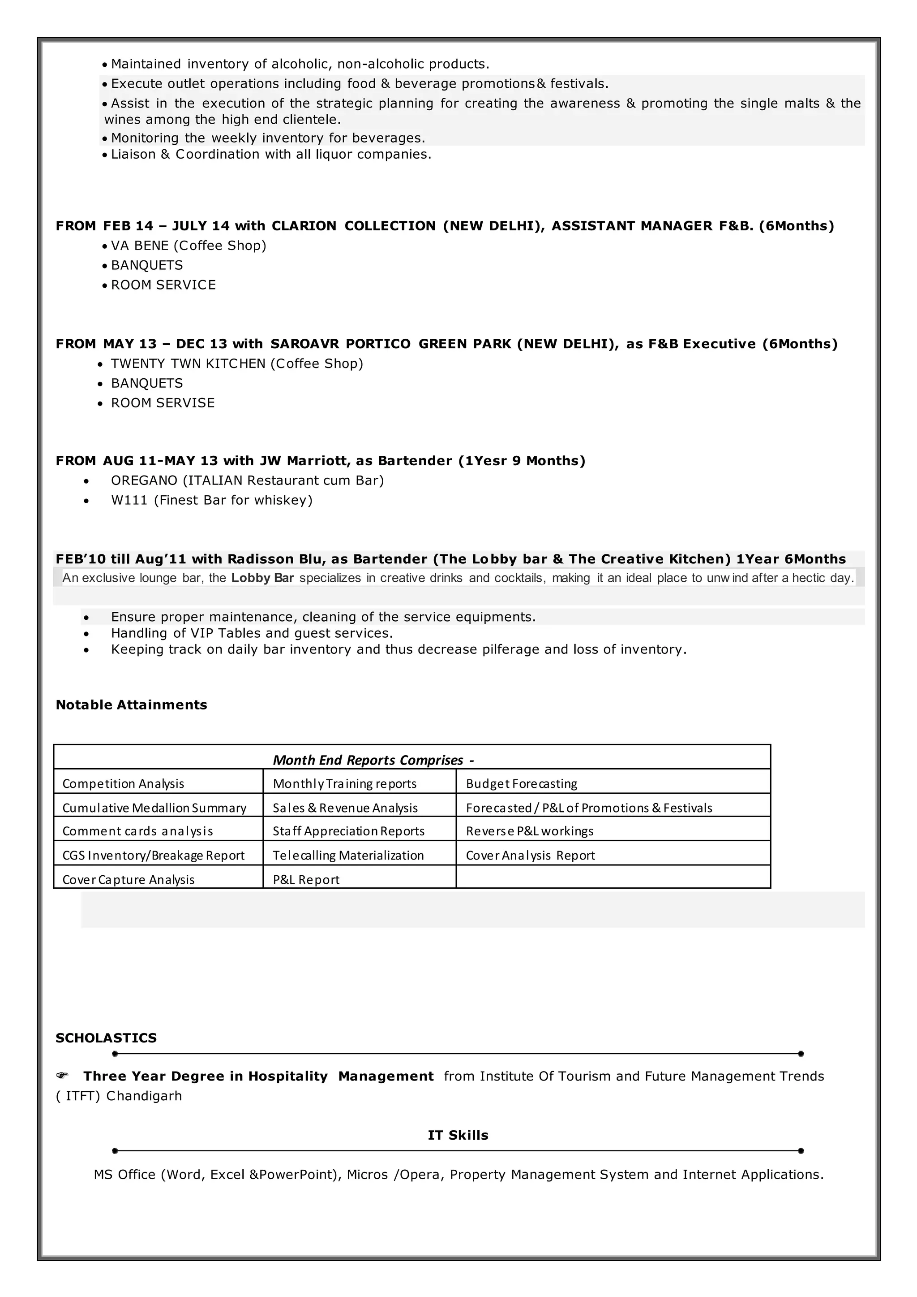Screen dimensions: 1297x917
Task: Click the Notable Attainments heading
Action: [x=131, y=705]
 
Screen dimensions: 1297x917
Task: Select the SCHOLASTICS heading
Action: [x=106, y=1038]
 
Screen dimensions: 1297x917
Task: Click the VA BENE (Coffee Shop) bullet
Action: [x=188, y=245]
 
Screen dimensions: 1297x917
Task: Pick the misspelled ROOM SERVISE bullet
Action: [x=163, y=403]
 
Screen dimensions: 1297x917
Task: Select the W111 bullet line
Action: [x=211, y=500]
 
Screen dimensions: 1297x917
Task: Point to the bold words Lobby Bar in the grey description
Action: [x=262, y=578]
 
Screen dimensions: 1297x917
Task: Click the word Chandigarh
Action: [x=144, y=1096]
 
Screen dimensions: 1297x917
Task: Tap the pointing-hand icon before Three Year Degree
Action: [x=62, y=1076]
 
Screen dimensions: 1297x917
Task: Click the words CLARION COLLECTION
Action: [x=353, y=226]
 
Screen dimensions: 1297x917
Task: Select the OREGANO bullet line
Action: [x=247, y=480]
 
